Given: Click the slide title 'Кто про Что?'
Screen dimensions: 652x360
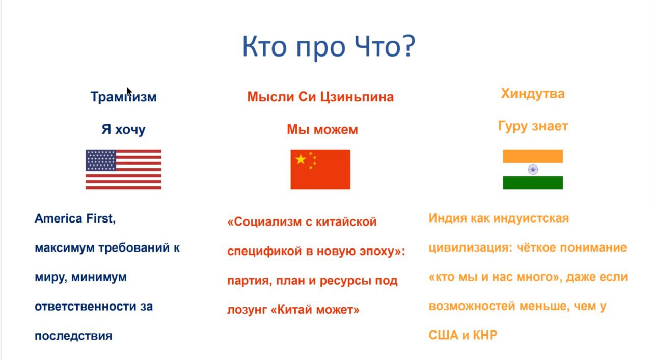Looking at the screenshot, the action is point(329,46).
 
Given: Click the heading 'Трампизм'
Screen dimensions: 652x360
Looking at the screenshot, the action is point(123,97).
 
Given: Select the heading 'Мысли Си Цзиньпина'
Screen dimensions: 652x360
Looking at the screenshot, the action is point(320,97).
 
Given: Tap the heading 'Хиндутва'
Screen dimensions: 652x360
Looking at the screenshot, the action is point(533,94).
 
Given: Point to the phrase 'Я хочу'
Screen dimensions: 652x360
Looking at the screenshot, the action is point(123,129).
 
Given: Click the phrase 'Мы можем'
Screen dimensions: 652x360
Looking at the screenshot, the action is point(322,129).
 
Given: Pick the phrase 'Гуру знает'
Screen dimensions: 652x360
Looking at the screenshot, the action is point(533,126).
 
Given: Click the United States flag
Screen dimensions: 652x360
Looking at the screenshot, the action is point(123,170).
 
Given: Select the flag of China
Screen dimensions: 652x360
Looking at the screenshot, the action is point(320,170).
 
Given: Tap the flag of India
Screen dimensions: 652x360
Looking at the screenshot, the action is point(533,170).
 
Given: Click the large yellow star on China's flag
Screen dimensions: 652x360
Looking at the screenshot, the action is point(301,159).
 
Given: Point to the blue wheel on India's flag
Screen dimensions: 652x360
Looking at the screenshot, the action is point(533,170).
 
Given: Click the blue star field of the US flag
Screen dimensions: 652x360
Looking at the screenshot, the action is point(101,160).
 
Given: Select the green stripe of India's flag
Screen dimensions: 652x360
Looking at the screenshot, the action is point(533,183).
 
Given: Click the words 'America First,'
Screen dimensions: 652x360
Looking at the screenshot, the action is point(75,218).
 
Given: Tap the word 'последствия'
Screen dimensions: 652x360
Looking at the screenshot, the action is point(73,336).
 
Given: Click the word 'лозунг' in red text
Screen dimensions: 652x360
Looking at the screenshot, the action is point(247,310).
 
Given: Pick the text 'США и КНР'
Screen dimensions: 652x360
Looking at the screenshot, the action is point(463,335).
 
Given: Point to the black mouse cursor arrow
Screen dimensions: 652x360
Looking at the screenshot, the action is point(129,91).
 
